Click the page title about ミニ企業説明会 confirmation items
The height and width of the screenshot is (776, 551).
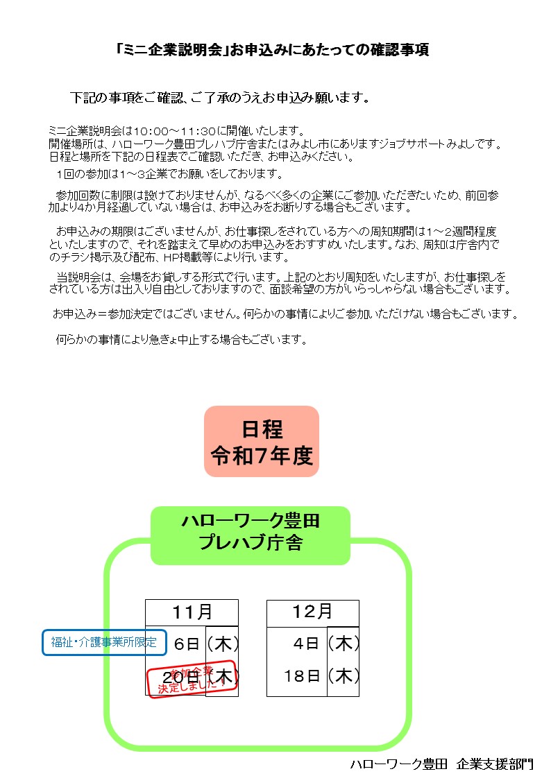(272, 49)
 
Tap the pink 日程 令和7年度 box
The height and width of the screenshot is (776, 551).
(262, 442)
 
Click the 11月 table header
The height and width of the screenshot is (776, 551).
(192, 612)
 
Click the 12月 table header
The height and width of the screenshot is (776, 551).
(313, 612)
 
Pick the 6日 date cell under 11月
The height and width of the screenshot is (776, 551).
(187, 644)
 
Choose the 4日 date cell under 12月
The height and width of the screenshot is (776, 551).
(305, 644)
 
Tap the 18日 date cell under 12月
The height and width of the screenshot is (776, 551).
(302, 676)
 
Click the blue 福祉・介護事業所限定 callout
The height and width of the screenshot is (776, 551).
(104, 642)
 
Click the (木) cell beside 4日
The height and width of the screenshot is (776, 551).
(344, 644)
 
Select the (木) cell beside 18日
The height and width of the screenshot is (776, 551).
(344, 676)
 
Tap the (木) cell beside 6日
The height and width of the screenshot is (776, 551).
(223, 644)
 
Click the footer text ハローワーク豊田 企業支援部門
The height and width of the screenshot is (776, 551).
(441, 764)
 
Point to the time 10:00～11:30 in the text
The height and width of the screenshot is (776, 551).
(175, 131)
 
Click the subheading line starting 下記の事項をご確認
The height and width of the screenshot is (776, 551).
(220, 98)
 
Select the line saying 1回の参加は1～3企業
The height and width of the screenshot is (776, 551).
(170, 173)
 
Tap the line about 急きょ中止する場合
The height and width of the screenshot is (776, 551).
(181, 340)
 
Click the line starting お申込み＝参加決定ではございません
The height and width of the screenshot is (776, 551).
(285, 313)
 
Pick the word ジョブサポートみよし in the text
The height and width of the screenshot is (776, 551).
(436, 144)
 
